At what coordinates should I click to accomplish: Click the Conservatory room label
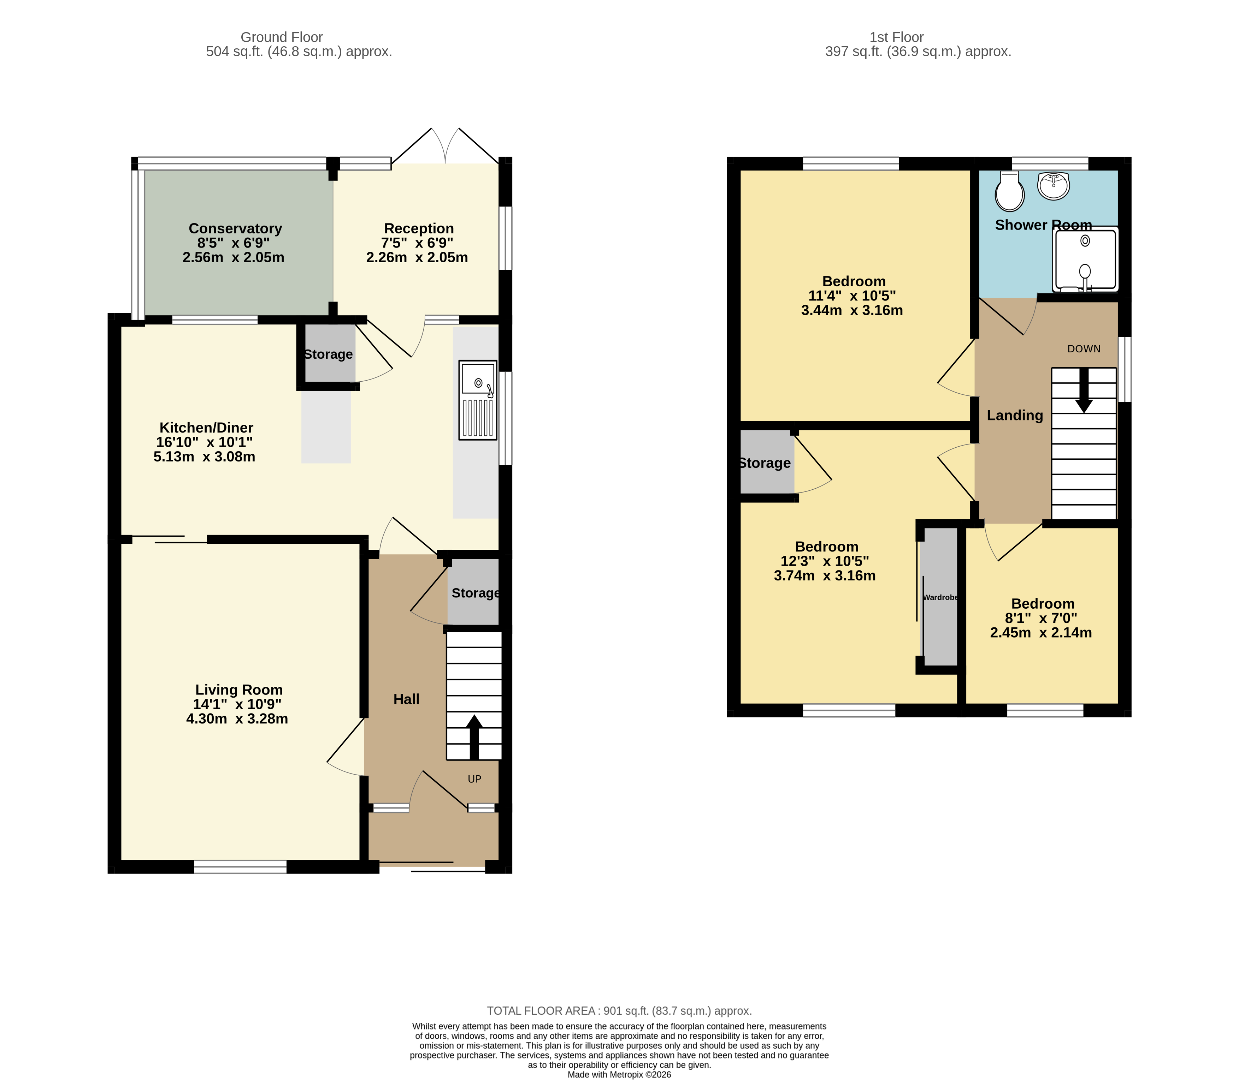coord(235,228)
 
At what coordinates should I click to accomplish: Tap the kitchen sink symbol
coord(478,400)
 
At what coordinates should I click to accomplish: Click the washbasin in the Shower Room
coord(1053,185)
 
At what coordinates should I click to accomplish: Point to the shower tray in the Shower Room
coord(1085,260)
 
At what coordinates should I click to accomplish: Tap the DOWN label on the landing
coord(1084,349)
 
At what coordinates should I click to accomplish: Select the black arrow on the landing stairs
coord(1084,392)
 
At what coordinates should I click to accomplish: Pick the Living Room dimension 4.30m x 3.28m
coord(237,719)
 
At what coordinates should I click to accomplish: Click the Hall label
coord(406,699)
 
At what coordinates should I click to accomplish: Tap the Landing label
coord(1015,415)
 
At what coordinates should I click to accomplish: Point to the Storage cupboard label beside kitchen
coord(328,354)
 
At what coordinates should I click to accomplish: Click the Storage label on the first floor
coord(765,463)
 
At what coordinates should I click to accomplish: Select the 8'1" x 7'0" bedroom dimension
coord(1041,618)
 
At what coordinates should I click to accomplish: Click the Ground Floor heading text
coord(282,37)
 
